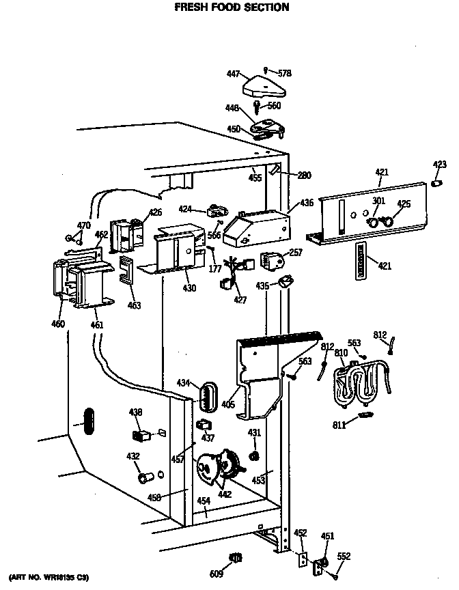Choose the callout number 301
pyautogui.click(x=378, y=201)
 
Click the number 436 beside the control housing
pyautogui.click(x=306, y=203)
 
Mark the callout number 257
pyautogui.click(x=295, y=253)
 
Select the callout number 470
pyautogui.click(x=83, y=225)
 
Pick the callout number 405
pyautogui.click(x=228, y=405)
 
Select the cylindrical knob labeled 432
pyautogui.click(x=145, y=477)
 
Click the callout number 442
pyautogui.click(x=223, y=493)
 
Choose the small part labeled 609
pyautogui.click(x=236, y=557)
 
